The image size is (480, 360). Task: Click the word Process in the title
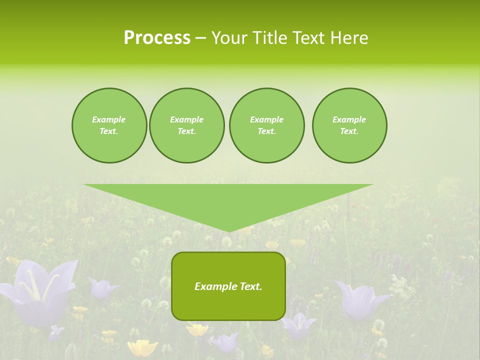click(157, 38)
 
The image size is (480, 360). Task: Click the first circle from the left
click(109, 125)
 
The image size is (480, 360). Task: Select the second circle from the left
click(186, 125)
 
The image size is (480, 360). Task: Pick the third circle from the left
click(266, 125)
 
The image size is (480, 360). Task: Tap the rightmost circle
click(349, 125)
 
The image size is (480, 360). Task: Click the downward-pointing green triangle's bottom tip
click(228, 230)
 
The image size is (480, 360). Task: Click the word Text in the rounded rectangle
click(251, 286)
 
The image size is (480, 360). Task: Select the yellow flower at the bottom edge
click(142, 348)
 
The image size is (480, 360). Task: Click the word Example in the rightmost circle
click(349, 119)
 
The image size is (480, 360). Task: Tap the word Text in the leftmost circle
click(108, 131)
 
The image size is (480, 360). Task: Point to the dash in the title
click(200, 38)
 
